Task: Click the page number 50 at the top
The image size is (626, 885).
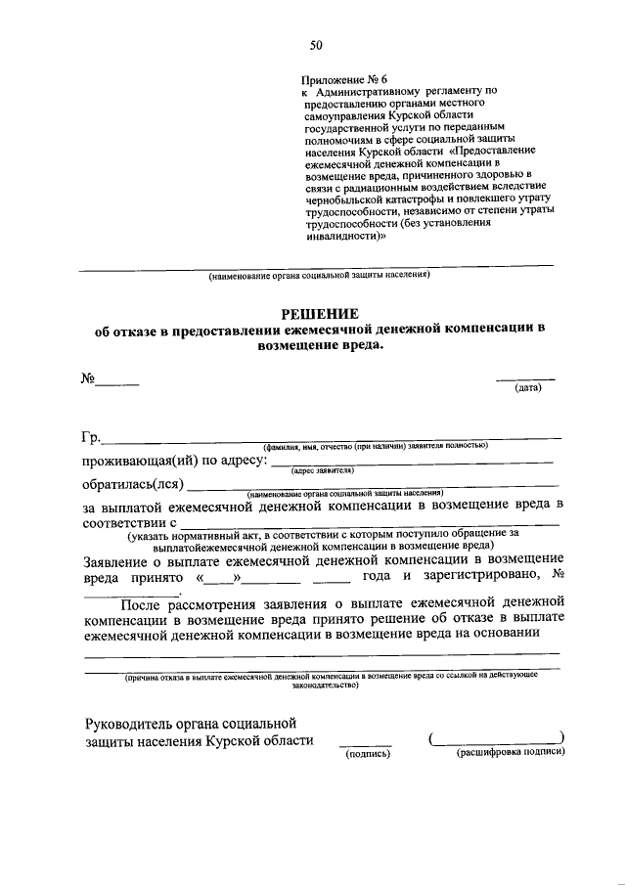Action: click(x=315, y=44)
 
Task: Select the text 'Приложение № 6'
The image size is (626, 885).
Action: click(x=345, y=77)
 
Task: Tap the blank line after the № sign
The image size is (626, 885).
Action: click(x=116, y=384)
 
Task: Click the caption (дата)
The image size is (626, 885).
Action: click(x=528, y=388)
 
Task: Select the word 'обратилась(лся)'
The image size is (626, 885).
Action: click(x=133, y=483)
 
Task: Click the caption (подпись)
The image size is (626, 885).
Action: click(x=366, y=754)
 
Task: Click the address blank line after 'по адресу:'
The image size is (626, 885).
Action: click(x=411, y=460)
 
